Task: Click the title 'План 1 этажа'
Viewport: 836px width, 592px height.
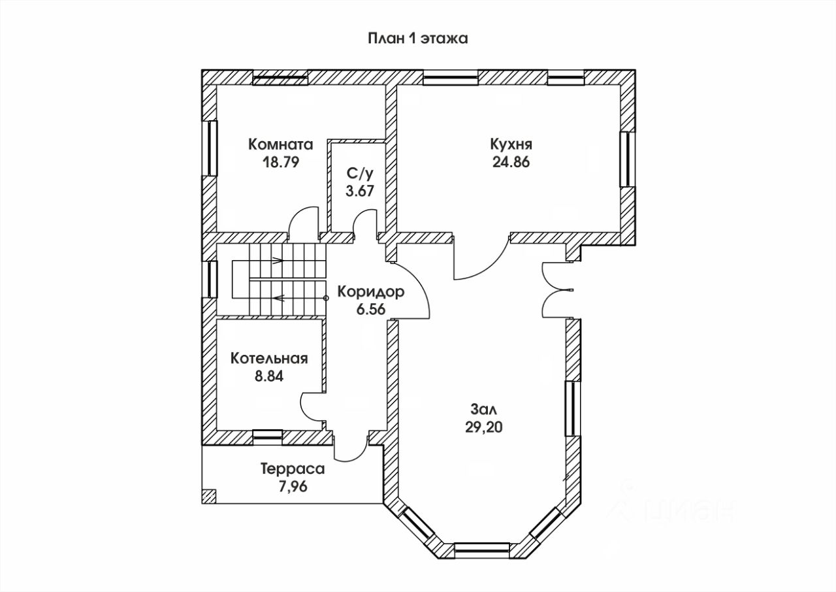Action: pos(417,39)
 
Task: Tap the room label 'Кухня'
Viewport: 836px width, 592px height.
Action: pos(511,144)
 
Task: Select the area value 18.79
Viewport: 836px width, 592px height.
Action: pos(281,162)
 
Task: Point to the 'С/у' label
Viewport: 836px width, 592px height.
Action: pos(360,173)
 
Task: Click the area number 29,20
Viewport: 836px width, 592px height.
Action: pos(483,427)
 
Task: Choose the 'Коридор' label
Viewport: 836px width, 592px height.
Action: pos(370,292)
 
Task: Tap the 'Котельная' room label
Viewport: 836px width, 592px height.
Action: pos(269,358)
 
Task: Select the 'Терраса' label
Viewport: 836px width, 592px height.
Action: pos(293,469)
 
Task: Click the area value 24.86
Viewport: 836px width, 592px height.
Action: pos(511,162)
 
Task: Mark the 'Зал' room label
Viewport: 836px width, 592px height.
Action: pos(484,410)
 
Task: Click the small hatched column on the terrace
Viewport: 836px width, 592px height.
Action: pos(209,497)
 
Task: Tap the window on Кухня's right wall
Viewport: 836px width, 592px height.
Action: pos(628,159)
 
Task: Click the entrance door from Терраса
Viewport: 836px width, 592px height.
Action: pos(349,446)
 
